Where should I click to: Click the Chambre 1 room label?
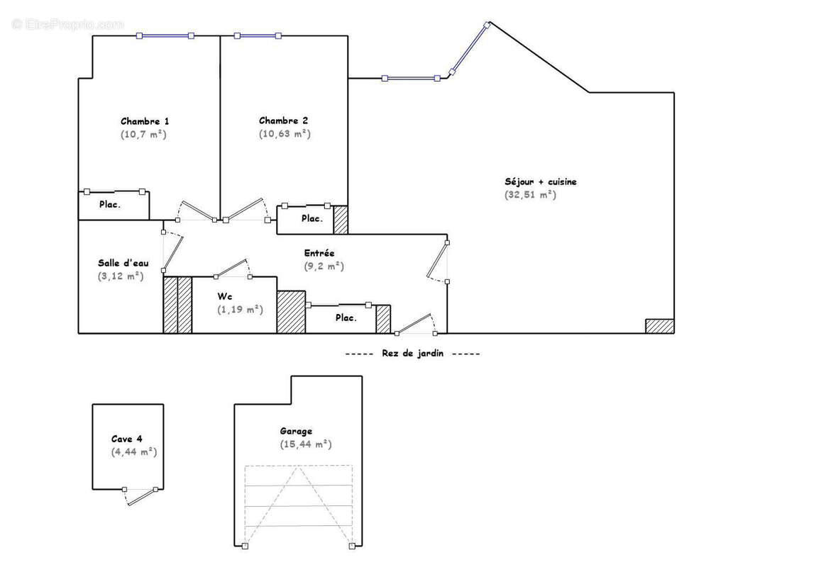tap(145, 121)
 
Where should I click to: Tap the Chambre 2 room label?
tap(283, 121)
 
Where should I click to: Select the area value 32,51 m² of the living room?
tap(530, 195)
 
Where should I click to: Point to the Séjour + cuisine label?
tap(541, 182)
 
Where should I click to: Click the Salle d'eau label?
tap(123, 263)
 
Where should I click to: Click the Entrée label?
tap(319, 253)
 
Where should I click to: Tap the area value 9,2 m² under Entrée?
tap(324, 266)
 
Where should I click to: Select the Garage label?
tap(296, 431)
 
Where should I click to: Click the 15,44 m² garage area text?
tap(305, 444)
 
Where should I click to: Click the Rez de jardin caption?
tap(412, 354)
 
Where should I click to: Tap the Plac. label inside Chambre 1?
tap(109, 205)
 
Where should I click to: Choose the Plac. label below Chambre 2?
tap(311, 219)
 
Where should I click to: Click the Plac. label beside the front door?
tap(346, 318)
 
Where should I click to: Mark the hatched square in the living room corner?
tap(659, 326)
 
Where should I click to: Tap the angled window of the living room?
tap(470, 48)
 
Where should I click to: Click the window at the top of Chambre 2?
tap(257, 35)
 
